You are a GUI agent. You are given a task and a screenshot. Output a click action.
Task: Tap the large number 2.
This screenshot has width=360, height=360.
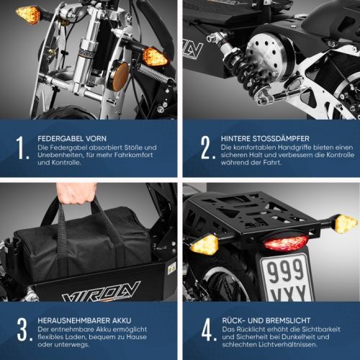[x=206, y=148]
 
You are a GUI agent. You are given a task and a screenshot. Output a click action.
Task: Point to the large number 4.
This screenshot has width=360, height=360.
[x=207, y=330]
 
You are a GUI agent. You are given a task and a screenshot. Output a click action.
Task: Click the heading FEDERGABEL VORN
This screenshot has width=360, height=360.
[x=72, y=138]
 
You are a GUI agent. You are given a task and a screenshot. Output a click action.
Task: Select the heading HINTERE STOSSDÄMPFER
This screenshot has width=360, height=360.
[x=265, y=138]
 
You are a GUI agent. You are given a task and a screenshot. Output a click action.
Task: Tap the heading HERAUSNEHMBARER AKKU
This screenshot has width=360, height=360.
[x=84, y=320]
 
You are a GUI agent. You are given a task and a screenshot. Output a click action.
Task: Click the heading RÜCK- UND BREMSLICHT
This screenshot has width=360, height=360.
[x=266, y=320]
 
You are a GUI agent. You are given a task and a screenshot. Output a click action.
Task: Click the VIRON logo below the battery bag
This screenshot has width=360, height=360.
[x=101, y=292]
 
